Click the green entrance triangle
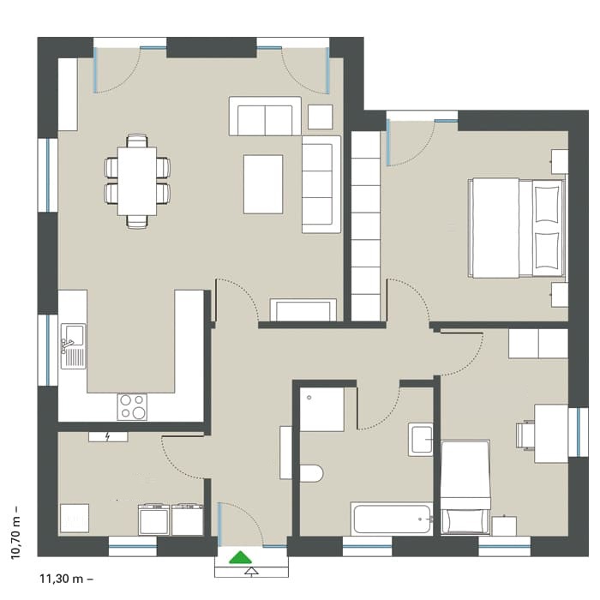click(x=240, y=558)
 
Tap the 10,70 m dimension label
click(x=15, y=533)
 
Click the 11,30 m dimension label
click(x=66, y=579)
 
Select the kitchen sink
click(x=73, y=346)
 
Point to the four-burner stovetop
click(x=132, y=407)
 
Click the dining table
click(x=137, y=181)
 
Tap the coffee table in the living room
click(x=263, y=184)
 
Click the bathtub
click(x=392, y=519)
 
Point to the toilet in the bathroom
click(x=311, y=473)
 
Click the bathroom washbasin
click(x=421, y=439)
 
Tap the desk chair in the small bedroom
click(x=525, y=435)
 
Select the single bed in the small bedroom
click(x=465, y=487)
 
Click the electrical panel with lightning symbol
click(x=108, y=436)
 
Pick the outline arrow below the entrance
click(x=251, y=572)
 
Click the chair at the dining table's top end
click(x=137, y=141)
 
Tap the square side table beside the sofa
click(x=321, y=117)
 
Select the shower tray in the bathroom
click(x=321, y=410)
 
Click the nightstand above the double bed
click(x=560, y=161)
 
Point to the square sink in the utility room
click(x=75, y=518)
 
